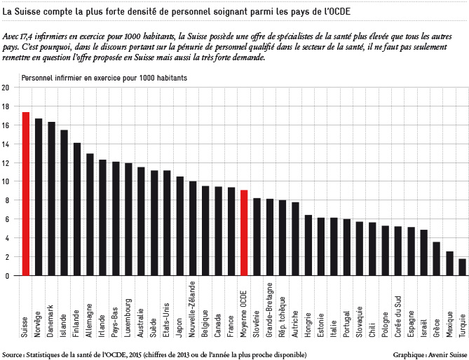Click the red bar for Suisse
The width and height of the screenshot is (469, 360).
26,193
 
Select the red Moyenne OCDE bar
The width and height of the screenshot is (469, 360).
244,233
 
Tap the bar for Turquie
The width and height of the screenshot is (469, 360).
463,267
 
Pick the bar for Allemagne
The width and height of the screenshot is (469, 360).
90,214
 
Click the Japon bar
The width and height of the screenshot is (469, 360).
180,226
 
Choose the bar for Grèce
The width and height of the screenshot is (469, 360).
437,258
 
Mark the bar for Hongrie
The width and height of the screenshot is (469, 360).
308,245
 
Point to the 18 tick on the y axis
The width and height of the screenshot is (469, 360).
6,106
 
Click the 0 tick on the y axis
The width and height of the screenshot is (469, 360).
7,276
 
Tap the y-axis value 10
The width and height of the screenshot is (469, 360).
6,181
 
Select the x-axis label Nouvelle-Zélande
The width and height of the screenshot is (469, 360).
193,309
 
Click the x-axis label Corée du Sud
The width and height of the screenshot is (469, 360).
398,317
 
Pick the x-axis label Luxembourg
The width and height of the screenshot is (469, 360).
128,318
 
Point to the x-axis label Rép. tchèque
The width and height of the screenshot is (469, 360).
283,317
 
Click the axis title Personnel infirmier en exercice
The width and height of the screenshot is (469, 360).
69,78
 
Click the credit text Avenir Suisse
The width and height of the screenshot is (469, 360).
447,354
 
